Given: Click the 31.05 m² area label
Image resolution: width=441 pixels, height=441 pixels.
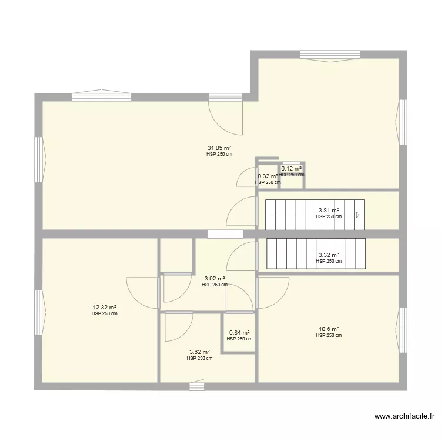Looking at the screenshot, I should [219, 148].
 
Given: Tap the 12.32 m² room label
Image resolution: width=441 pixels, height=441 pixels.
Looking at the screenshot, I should [104, 307].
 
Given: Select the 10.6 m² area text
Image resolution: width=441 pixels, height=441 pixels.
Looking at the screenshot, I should [329, 329].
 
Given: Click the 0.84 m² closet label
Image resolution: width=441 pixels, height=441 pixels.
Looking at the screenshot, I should [239, 332].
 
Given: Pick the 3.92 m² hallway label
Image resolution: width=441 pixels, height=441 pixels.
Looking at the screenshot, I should [214, 279].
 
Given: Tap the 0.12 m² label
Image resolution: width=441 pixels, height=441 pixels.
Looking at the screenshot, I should [291, 169].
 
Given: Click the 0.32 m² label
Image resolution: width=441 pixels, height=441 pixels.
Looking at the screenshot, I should [268, 176].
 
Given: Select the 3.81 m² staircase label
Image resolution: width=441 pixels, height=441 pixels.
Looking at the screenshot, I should [329, 210].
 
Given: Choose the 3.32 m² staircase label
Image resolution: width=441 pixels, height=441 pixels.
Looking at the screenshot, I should [329, 255].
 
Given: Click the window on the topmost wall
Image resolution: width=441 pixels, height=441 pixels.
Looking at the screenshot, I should [329, 55].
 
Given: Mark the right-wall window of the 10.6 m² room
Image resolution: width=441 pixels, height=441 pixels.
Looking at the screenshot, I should [403, 330].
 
